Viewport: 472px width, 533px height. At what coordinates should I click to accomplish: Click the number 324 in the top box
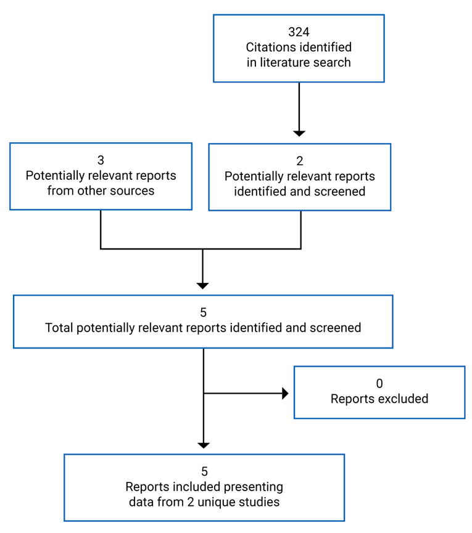[x=299, y=33]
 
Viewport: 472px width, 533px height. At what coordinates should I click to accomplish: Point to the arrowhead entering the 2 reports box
[x=299, y=132]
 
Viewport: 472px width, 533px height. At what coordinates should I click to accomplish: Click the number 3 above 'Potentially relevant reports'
[x=101, y=161]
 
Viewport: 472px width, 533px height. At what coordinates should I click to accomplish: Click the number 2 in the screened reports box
[x=299, y=161]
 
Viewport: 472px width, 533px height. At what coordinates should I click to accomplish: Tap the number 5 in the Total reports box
[x=203, y=313]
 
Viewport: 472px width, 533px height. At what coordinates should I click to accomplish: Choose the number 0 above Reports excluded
[x=379, y=384]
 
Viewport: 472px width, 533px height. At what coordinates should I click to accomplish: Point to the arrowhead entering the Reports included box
[x=203, y=445]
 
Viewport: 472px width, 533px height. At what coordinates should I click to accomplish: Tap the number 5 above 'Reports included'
[x=203, y=472]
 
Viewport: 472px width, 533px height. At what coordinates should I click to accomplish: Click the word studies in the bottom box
[x=260, y=502]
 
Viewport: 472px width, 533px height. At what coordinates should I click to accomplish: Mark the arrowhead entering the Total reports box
[x=203, y=285]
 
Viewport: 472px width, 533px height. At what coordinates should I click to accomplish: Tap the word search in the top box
[x=333, y=62]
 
